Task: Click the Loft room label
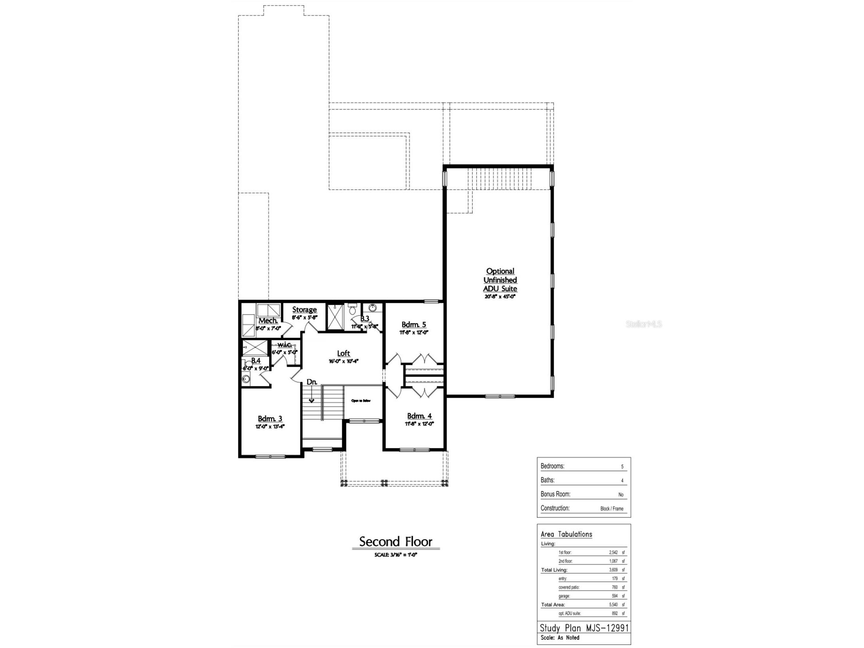tap(343, 353)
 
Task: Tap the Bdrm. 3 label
tap(270, 419)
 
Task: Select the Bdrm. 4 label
tap(419, 416)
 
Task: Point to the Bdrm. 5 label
tap(414, 325)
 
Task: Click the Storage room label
tap(304, 310)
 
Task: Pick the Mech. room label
tap(268, 321)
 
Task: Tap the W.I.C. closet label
tap(284, 345)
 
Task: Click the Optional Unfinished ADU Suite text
tap(500, 280)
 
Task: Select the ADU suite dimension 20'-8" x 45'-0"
tap(500, 297)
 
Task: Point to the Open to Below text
tap(361, 401)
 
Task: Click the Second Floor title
tap(395, 542)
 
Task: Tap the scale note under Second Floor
tap(395, 555)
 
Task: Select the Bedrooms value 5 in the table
tap(622, 467)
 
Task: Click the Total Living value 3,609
tap(613, 570)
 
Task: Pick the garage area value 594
tap(614, 596)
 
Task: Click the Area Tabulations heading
tap(566, 535)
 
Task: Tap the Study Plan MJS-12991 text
tap(584, 628)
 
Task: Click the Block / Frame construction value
tap(611, 509)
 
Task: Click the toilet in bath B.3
tap(352, 310)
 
